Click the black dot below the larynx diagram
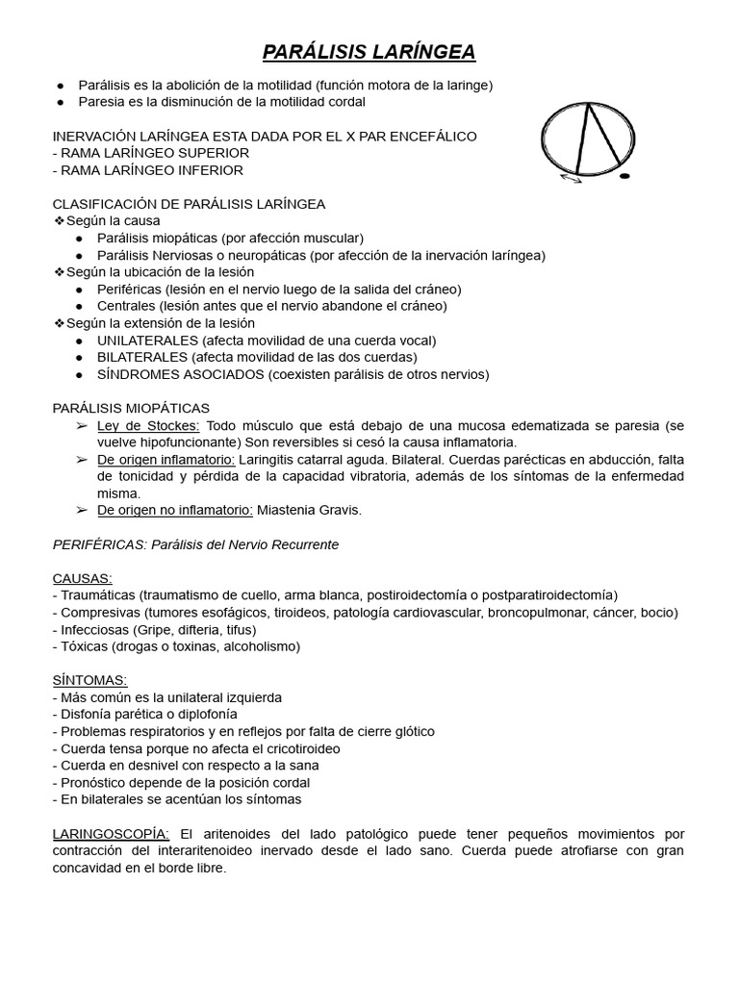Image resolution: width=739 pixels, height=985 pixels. pyautogui.click(x=624, y=177)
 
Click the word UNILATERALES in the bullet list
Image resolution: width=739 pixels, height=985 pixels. pyautogui.click(x=146, y=341)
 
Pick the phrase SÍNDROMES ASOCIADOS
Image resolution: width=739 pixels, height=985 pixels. pyautogui.click(x=180, y=374)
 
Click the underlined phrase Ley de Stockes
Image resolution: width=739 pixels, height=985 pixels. pyautogui.click(x=148, y=425)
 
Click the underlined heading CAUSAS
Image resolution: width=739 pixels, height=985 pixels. pyautogui.click(x=82, y=578)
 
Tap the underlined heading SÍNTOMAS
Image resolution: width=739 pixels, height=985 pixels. pyautogui.click(x=87, y=680)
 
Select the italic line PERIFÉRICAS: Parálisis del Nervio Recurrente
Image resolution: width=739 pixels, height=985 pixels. pyautogui.click(x=195, y=544)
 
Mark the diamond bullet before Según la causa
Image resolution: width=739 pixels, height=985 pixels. pyautogui.click(x=59, y=221)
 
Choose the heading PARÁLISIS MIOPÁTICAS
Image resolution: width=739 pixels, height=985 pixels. pyautogui.click(x=131, y=408)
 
